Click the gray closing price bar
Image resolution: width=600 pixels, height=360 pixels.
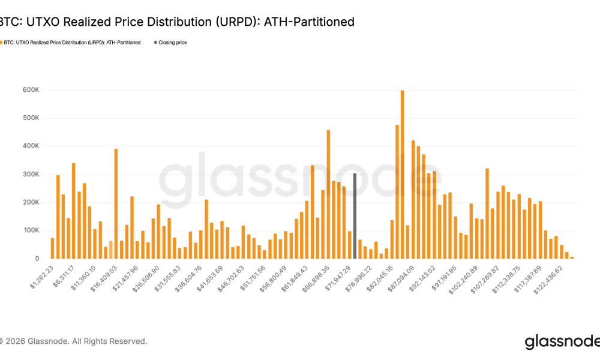pyautogui.click(x=355, y=216)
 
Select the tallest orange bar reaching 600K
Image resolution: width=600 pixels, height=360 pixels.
pyautogui.click(x=402, y=174)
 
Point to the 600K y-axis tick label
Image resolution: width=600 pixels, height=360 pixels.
pyautogui.click(x=31, y=90)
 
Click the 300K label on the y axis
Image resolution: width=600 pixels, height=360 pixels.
pyautogui.click(x=31, y=174)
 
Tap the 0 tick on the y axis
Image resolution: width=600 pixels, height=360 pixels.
pyautogui.click(x=37, y=259)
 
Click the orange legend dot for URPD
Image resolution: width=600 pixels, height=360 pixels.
pyautogui.click(x=2, y=43)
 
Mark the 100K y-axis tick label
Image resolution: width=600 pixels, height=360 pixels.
pyautogui.click(x=31, y=230)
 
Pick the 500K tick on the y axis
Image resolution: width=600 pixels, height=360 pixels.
pyautogui.click(x=31, y=118)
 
